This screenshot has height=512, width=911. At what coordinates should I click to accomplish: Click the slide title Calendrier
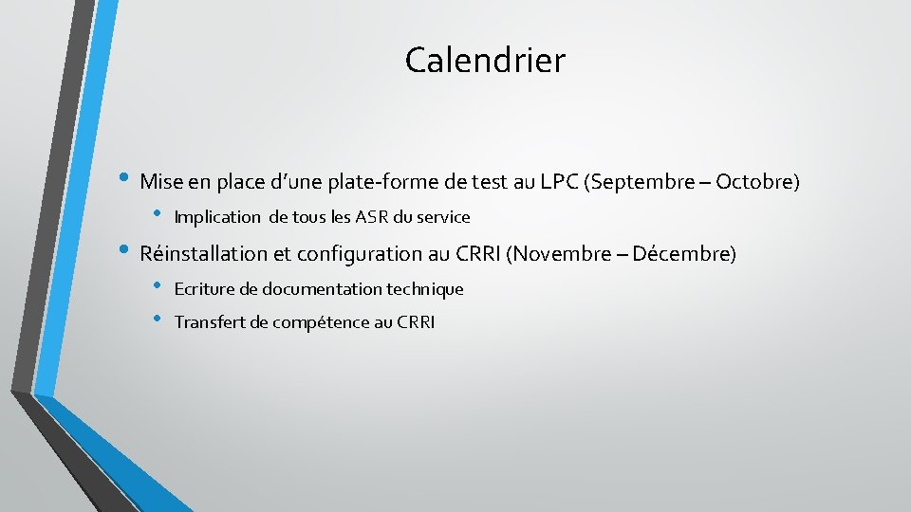pos(485,61)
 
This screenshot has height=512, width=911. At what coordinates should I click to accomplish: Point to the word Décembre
pos(683,254)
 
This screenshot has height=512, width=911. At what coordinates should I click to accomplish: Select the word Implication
pos(217,217)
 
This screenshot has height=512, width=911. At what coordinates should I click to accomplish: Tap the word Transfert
pos(210,323)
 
